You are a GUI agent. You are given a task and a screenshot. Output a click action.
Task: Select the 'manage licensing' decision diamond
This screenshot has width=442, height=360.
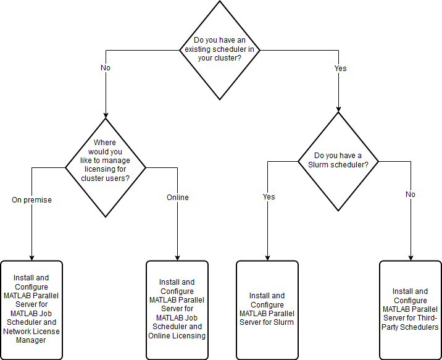[106, 167]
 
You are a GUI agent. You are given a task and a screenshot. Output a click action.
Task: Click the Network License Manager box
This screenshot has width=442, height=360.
[31, 309]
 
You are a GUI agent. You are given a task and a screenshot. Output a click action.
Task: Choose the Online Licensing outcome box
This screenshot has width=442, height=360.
[177, 309]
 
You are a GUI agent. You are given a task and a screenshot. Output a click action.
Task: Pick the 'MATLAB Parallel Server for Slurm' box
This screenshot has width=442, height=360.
[267, 309]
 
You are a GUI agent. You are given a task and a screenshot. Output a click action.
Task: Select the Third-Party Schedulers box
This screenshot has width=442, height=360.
[410, 309]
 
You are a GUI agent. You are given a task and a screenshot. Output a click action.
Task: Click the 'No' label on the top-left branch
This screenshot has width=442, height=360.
[105, 68]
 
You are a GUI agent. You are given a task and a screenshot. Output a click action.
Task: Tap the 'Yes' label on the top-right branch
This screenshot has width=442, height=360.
[340, 68]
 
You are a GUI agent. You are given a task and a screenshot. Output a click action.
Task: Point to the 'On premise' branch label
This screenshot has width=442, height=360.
[31, 200]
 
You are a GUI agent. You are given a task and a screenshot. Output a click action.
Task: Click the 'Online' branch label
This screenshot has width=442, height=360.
[177, 198]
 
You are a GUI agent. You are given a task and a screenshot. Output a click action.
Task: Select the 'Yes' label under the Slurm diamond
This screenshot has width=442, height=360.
[269, 197]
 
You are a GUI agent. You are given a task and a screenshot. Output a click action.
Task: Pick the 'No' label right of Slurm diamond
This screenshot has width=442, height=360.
[411, 195]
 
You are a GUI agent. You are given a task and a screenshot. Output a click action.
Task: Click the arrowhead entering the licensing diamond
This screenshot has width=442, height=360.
[106, 114]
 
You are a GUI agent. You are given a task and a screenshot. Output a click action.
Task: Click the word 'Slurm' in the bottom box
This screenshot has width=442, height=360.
[283, 322]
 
